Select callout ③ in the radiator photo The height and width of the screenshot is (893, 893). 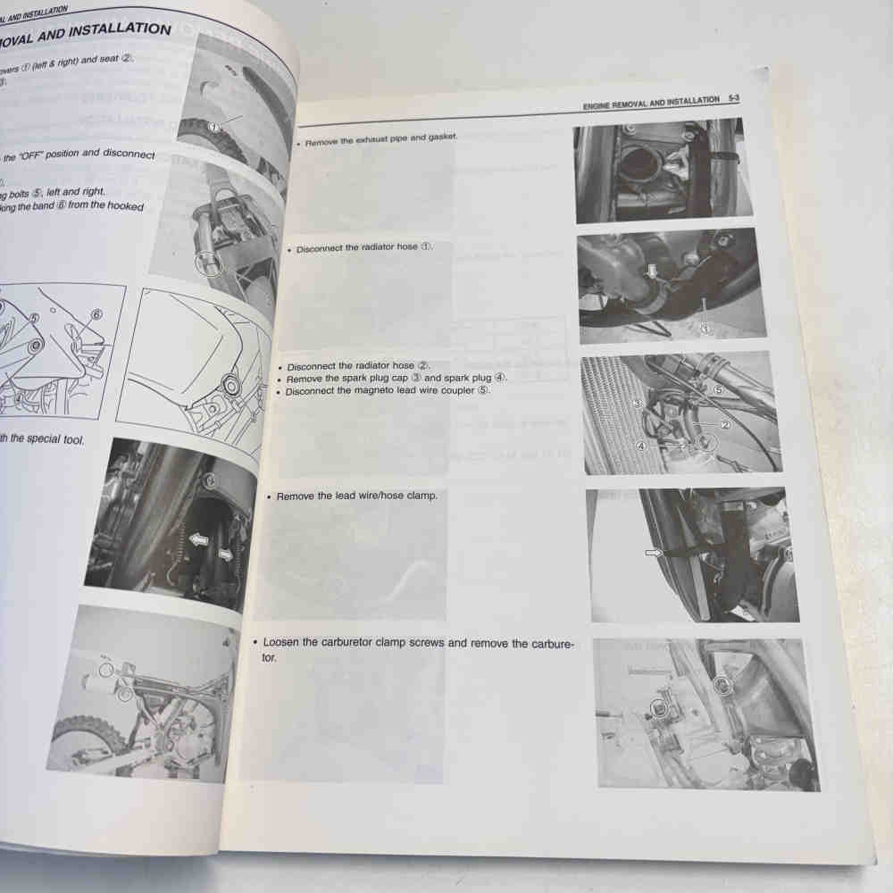tap(637, 404)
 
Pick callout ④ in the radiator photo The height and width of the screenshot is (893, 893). tap(640, 445)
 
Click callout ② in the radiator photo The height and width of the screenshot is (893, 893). tap(725, 425)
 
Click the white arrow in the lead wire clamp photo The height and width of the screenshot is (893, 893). tap(657, 554)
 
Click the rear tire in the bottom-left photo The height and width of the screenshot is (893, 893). tap(85, 741)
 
